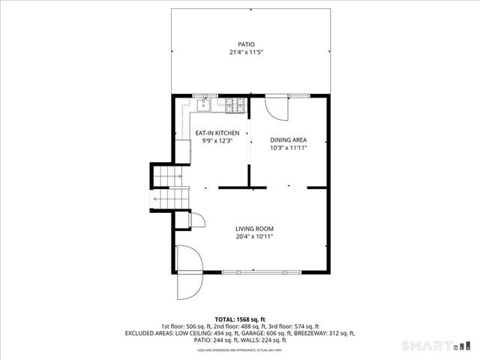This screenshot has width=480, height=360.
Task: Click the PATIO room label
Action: (247, 44)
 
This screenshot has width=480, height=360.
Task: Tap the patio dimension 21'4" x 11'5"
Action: (247, 52)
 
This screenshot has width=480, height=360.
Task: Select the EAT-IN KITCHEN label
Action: (217, 133)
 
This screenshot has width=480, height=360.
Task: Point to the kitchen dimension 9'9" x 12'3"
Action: (217, 141)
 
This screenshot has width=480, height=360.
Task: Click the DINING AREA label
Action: (288, 139)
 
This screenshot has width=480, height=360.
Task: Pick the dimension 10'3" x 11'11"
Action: (288, 148)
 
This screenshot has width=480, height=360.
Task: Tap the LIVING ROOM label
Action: (254, 229)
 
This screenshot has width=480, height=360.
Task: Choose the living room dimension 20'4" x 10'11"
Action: (254, 237)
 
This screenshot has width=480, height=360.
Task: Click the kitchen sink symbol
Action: (202, 106)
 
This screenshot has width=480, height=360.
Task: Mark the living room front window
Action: (254, 271)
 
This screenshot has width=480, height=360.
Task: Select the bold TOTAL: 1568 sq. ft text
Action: (240, 319)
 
